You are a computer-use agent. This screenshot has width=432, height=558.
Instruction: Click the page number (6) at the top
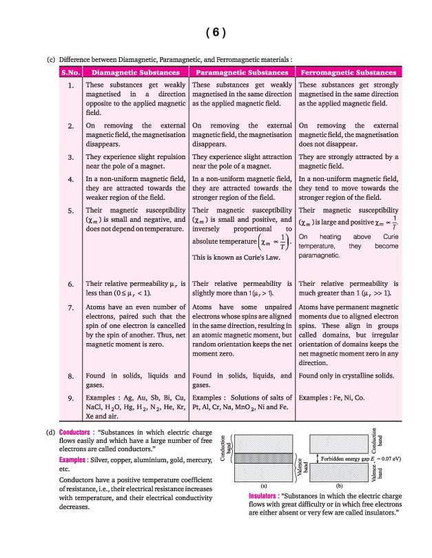[216, 32]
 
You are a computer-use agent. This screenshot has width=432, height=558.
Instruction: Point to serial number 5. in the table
[71, 209]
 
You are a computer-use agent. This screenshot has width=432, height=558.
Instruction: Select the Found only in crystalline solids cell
[344, 376]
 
